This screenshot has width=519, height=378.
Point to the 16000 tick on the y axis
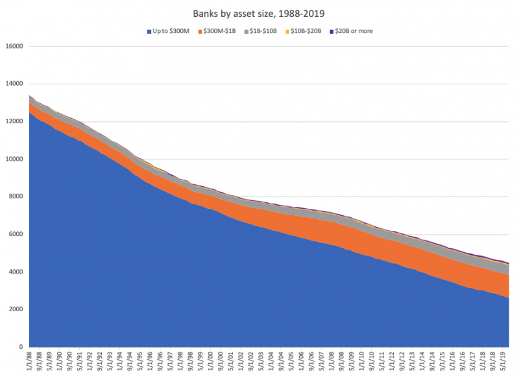click(x=14, y=47)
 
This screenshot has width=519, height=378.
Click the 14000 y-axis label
click(x=14, y=84)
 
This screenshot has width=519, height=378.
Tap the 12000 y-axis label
click(x=14, y=122)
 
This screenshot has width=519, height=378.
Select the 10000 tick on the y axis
click(x=14, y=159)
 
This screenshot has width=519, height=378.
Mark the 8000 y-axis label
click(x=16, y=197)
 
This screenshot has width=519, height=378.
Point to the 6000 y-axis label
click(x=16, y=235)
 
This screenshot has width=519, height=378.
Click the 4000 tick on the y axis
click(x=16, y=272)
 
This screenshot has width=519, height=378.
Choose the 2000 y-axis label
click(x=16, y=309)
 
